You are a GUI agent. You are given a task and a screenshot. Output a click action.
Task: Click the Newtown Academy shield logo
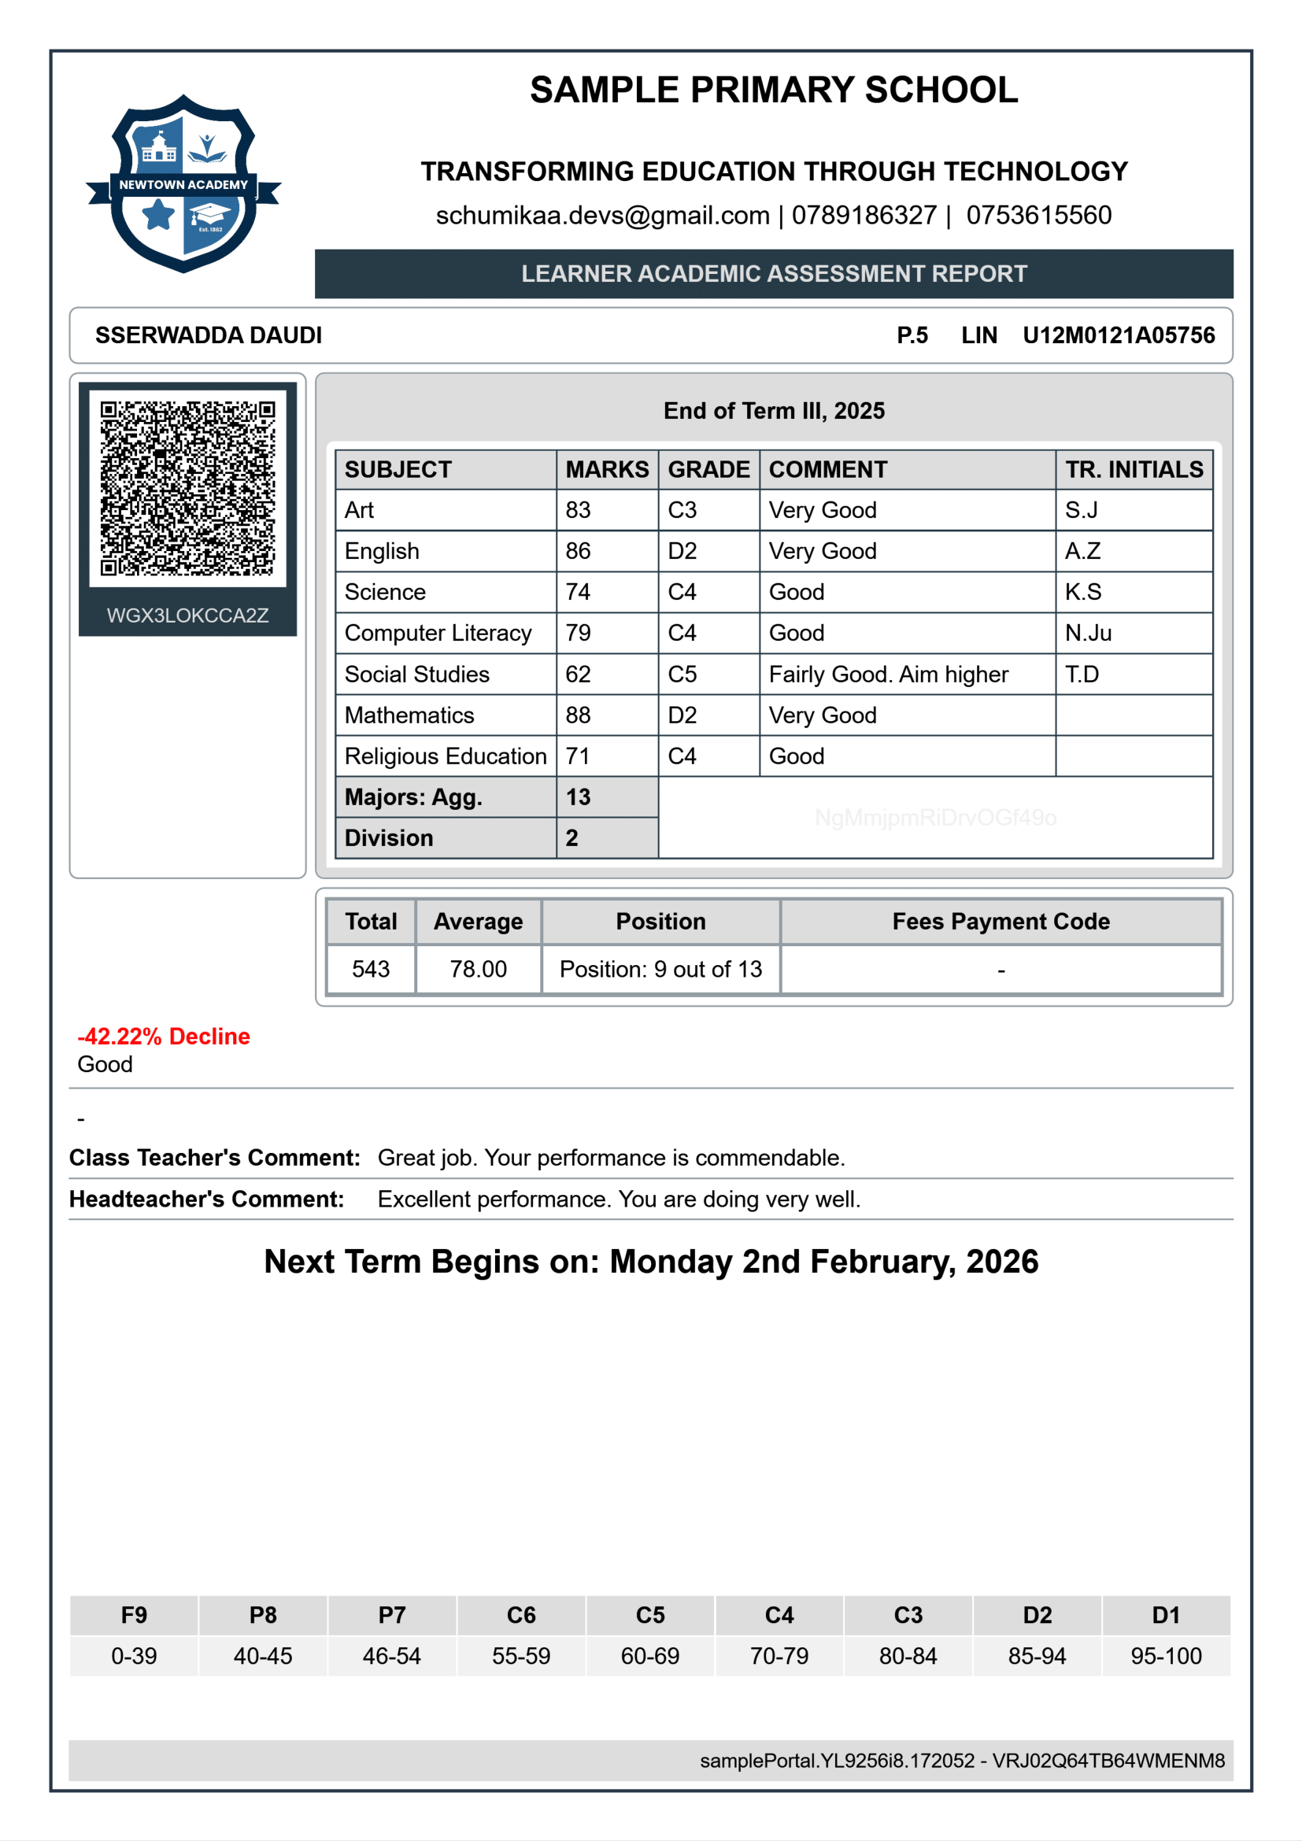pos(183,183)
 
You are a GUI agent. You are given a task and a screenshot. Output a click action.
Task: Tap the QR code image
pos(187,487)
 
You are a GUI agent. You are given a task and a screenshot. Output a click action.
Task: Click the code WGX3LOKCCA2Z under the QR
pos(187,615)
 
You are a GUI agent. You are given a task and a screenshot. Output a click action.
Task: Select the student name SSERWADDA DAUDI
pos(209,335)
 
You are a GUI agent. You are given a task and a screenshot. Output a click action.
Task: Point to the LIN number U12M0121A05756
pos(1119,335)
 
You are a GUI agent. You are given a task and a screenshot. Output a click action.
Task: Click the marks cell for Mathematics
pos(578,715)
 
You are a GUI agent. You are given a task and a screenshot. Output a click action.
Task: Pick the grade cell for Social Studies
pos(682,675)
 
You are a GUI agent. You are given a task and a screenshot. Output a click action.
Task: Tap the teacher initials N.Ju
pos(1088,634)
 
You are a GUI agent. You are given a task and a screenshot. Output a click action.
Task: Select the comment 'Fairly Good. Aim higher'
pos(888,675)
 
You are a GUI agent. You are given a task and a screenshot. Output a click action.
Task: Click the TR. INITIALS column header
pos(1134,470)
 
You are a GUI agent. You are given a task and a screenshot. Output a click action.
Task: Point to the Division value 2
pos(571,838)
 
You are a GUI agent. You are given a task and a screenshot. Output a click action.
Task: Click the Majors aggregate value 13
pos(578,797)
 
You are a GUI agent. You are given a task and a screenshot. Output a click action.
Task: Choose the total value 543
pos(371,970)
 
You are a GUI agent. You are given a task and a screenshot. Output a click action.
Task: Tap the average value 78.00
pos(478,970)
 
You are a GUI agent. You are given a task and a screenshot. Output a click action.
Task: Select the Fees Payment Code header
pos(1001,922)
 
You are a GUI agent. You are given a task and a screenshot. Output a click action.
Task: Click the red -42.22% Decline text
pos(164,1036)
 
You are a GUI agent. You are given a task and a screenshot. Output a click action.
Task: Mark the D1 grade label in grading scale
pos(1166,1615)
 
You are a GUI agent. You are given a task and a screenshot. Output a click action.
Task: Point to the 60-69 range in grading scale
pos(649,1656)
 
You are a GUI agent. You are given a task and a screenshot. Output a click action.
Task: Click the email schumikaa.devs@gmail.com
pos(602,215)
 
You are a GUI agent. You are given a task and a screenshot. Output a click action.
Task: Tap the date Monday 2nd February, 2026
pos(823,1261)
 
